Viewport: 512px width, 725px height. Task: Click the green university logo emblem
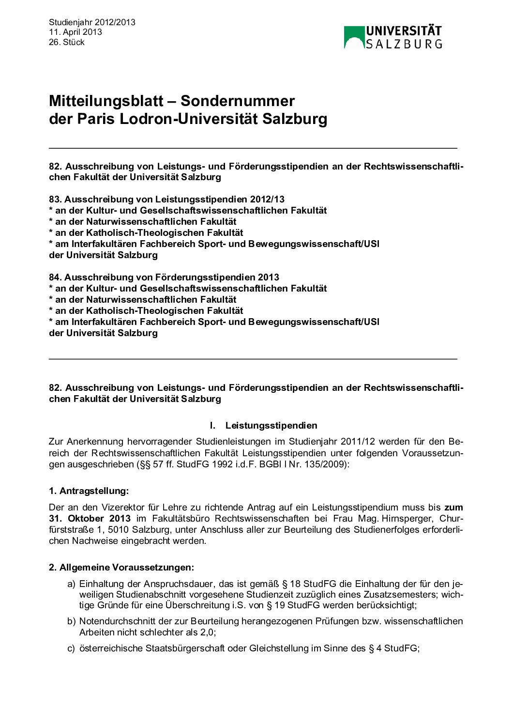[x=354, y=37]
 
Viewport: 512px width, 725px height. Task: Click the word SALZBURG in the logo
[x=404, y=44]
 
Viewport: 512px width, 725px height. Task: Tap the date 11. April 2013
[x=75, y=32]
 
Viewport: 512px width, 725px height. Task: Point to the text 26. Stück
[x=67, y=42]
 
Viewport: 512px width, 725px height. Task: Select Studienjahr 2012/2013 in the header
[x=92, y=22]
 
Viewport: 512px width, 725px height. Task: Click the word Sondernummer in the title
[x=238, y=101]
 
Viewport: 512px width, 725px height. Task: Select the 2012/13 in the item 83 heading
[x=267, y=199]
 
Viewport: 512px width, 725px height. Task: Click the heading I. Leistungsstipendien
[x=263, y=425]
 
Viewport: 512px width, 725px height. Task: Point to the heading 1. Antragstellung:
[x=89, y=491]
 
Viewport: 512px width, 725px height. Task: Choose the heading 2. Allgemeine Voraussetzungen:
[x=121, y=567]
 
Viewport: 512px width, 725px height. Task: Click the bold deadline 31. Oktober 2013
[x=90, y=518]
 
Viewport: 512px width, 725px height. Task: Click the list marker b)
[x=72, y=621]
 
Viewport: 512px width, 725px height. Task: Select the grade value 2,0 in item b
[x=207, y=632]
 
